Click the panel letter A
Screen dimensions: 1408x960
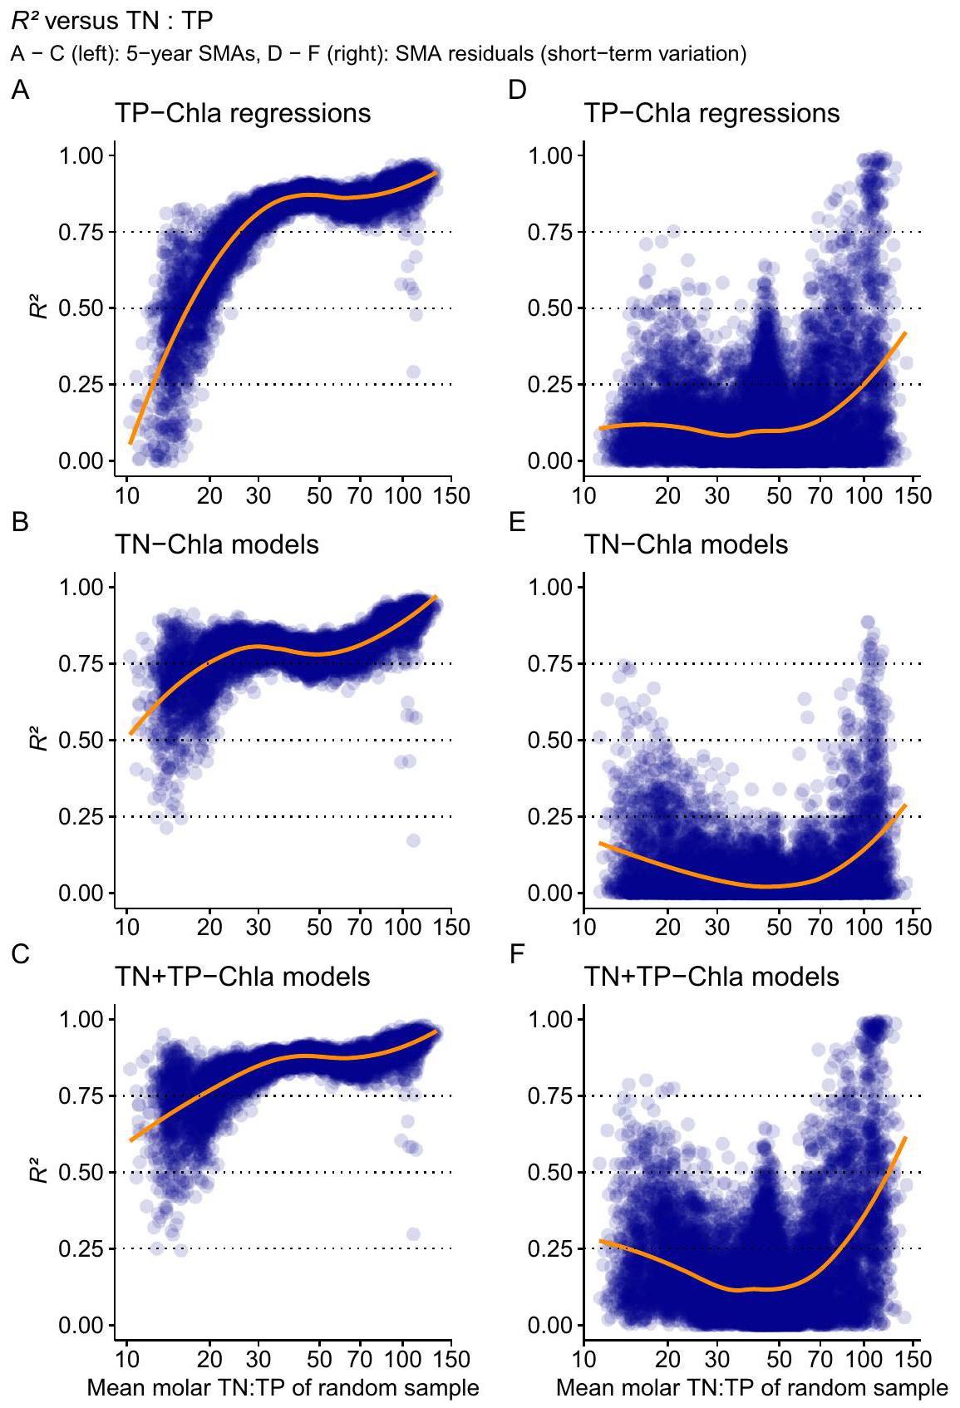click(x=20, y=90)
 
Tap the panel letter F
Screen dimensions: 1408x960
click(x=516, y=953)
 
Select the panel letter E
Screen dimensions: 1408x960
click(x=517, y=522)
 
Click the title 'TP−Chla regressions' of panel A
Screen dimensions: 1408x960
click(x=243, y=113)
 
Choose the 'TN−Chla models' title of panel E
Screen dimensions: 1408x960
click(x=686, y=544)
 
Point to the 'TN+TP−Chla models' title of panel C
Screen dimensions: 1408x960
click(x=243, y=976)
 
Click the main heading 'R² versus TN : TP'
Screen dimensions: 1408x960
click(x=112, y=19)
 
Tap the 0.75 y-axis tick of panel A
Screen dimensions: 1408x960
click(x=81, y=232)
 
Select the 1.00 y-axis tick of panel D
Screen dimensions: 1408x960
click(x=550, y=155)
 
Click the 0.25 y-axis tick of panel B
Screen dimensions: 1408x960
click(x=81, y=817)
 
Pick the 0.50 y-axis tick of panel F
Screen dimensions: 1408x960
click(x=550, y=1173)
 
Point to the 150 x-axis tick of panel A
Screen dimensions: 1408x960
click(x=451, y=495)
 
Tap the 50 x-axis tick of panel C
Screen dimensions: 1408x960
click(x=319, y=1359)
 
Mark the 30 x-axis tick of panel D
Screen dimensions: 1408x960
click(x=717, y=495)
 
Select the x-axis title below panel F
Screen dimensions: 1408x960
click(x=751, y=1387)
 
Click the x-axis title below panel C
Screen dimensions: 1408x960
click(x=283, y=1387)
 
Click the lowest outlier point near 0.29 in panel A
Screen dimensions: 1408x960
click(x=413, y=372)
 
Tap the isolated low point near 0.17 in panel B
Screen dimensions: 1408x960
click(x=413, y=840)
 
